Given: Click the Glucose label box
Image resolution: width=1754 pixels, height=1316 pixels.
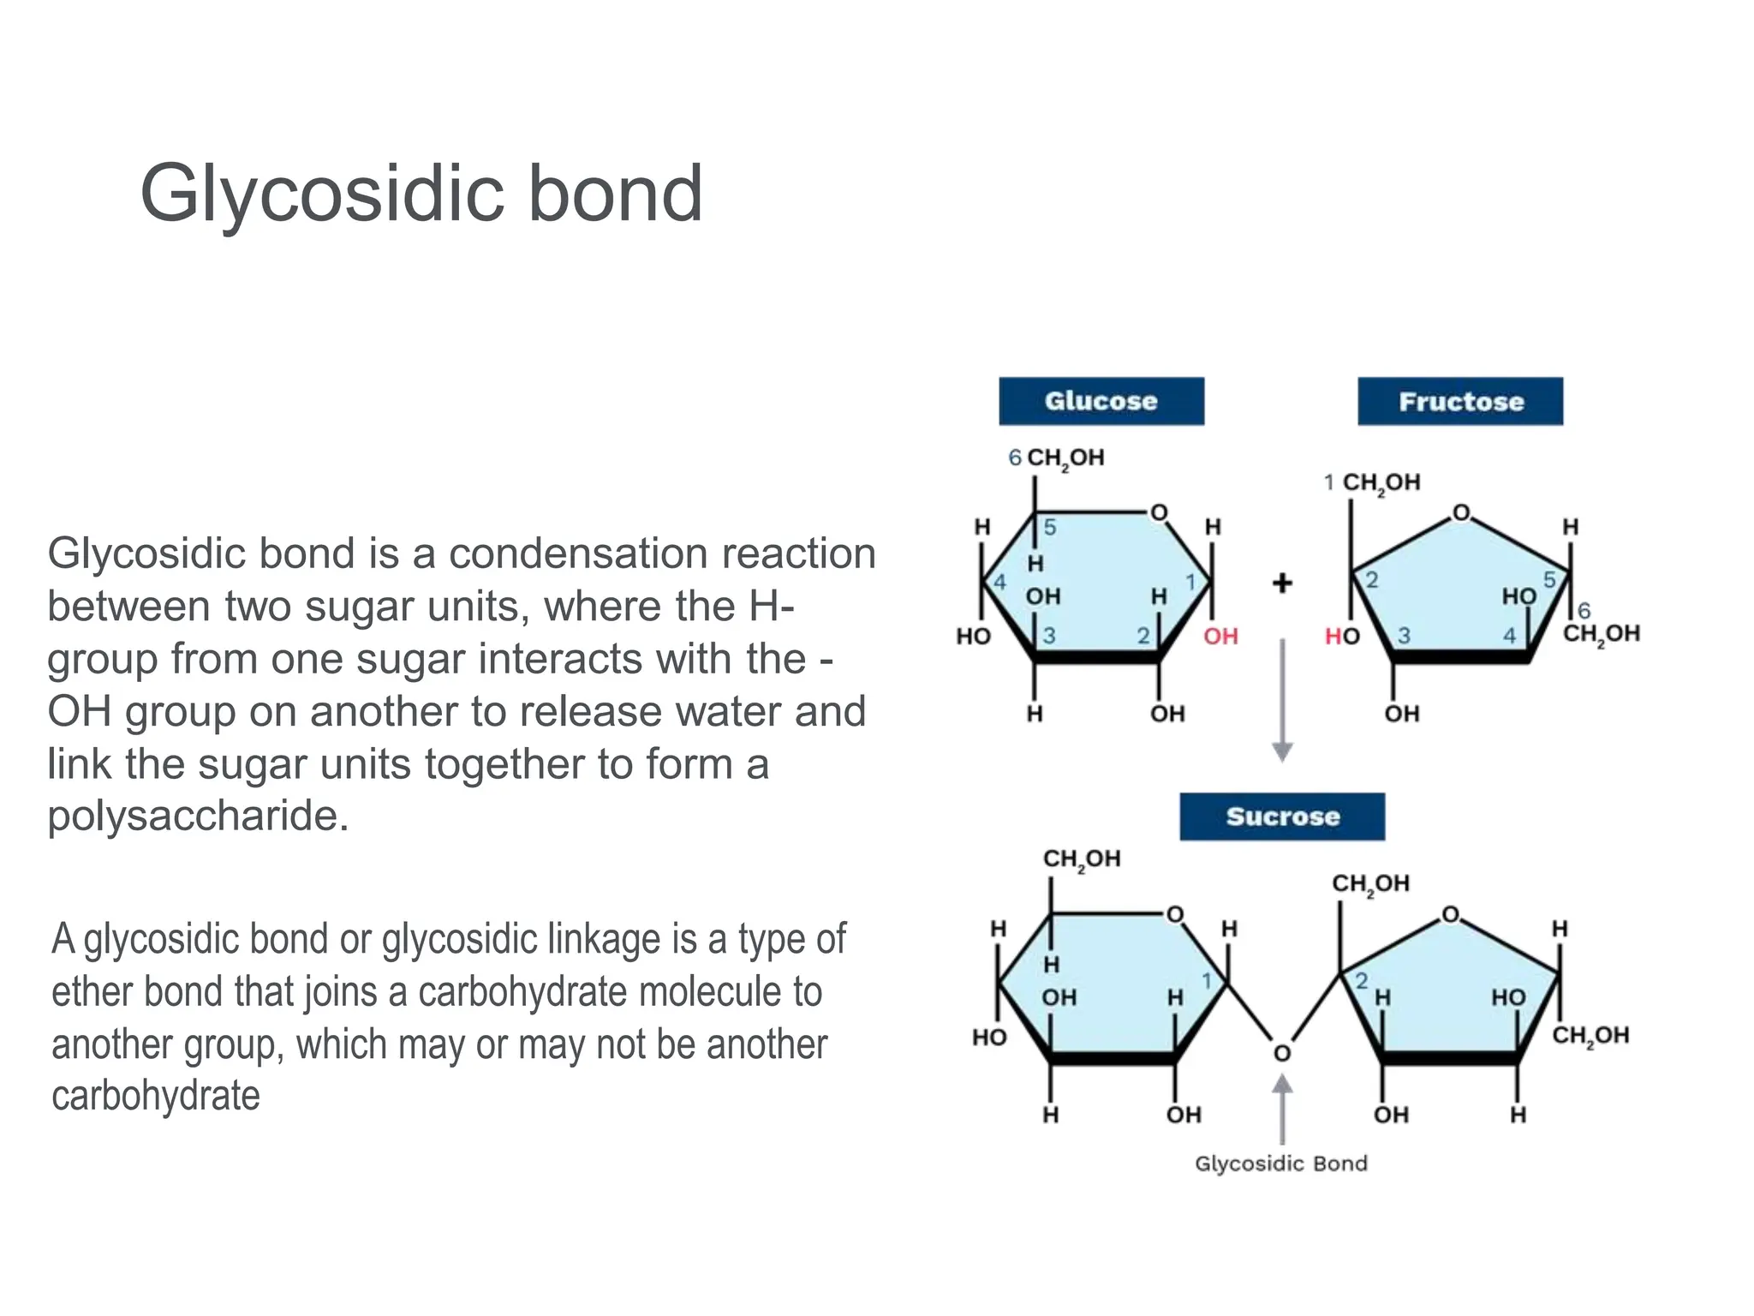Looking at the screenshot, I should [1101, 401].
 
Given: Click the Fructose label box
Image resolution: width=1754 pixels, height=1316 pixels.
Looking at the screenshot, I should [1460, 401].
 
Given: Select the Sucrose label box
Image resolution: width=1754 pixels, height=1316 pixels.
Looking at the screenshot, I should [1282, 817].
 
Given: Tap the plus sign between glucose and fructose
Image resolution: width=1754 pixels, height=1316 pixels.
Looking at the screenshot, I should [1282, 583].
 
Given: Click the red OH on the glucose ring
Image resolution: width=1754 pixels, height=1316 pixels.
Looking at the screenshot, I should [1220, 636].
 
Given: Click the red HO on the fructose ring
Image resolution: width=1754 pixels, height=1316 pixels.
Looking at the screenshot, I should [1342, 636].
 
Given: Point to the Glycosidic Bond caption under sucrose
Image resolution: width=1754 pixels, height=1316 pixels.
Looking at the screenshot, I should [1281, 1163].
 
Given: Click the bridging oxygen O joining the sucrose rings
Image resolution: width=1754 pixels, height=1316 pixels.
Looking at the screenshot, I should [1282, 1053].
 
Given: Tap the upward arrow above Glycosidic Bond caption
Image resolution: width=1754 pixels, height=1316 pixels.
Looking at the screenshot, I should [1282, 1110].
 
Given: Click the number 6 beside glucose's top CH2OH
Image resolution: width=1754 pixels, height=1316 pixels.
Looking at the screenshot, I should [1015, 458].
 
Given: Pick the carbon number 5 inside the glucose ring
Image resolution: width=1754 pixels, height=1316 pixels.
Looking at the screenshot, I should [1050, 528].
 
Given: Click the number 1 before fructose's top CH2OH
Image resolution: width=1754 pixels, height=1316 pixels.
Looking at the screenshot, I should [1328, 482].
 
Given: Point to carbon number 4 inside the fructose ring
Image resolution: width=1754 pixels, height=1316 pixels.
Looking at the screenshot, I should [1509, 636].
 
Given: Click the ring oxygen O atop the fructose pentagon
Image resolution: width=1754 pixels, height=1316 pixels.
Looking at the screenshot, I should [1461, 513].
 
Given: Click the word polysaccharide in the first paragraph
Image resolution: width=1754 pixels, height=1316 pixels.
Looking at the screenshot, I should [198, 816].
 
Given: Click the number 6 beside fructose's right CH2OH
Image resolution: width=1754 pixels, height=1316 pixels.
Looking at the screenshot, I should [1584, 611].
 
